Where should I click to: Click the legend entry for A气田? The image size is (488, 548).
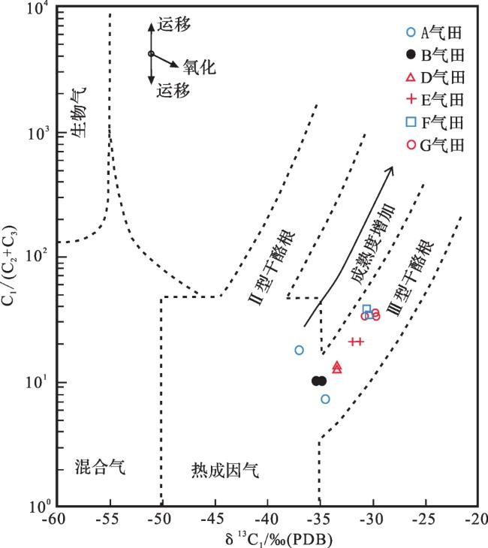[x=433, y=32]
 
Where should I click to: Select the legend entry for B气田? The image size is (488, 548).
[x=433, y=54]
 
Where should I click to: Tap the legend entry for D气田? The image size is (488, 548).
[x=433, y=77]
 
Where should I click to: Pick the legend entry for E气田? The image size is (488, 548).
[x=433, y=99]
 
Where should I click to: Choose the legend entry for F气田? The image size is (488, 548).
[x=433, y=122]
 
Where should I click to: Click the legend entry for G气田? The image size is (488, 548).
[x=433, y=145]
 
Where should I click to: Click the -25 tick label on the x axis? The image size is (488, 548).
[x=424, y=519]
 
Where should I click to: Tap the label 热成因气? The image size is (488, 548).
[x=224, y=471]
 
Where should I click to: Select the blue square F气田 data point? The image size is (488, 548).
[x=367, y=309]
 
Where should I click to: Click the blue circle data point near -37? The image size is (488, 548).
[x=299, y=350]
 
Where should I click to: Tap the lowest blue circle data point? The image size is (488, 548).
[x=325, y=399]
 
